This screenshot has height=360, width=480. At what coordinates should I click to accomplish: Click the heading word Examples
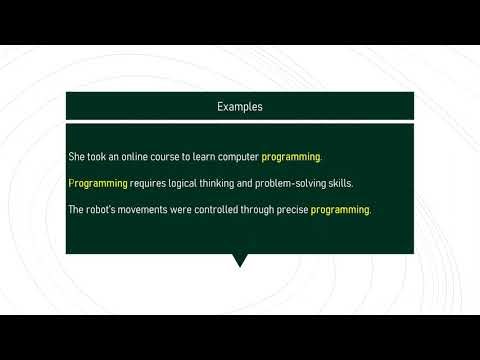tap(239, 106)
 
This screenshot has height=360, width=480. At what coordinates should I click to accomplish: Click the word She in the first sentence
tap(76, 158)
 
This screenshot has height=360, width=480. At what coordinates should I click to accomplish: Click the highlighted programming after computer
tap(291, 158)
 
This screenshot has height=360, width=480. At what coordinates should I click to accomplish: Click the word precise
tap(293, 210)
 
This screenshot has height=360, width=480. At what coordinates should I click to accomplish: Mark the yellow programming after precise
tap(340, 210)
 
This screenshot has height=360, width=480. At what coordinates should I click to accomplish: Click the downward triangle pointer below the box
tap(240, 260)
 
